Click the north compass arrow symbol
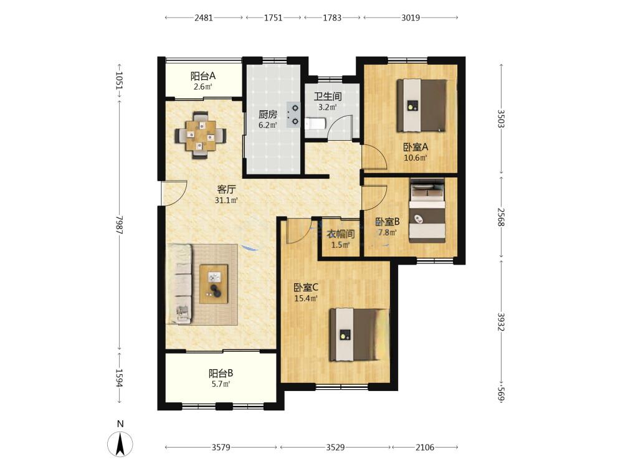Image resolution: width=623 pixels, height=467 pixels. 120,443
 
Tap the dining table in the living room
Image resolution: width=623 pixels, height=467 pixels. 200,135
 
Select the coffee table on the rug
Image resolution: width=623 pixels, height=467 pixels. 214,284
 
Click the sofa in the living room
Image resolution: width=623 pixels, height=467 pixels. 179,283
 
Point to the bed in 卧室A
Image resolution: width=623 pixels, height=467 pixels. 422,105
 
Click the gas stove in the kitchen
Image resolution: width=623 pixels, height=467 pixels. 293,115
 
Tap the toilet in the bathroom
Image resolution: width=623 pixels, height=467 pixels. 315,124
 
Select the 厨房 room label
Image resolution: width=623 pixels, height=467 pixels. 268,115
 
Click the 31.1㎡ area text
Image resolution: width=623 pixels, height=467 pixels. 226,200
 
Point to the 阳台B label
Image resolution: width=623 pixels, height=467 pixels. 221,373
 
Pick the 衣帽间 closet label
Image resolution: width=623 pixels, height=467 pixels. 340,234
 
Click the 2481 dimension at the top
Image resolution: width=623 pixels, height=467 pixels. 204,17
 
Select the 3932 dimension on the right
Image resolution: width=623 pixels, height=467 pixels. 501,322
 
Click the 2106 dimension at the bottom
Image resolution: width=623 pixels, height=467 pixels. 425,448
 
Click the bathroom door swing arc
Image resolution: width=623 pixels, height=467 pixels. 340,126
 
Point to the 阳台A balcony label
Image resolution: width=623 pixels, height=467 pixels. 202,75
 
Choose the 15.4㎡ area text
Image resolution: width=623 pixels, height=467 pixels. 305,298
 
